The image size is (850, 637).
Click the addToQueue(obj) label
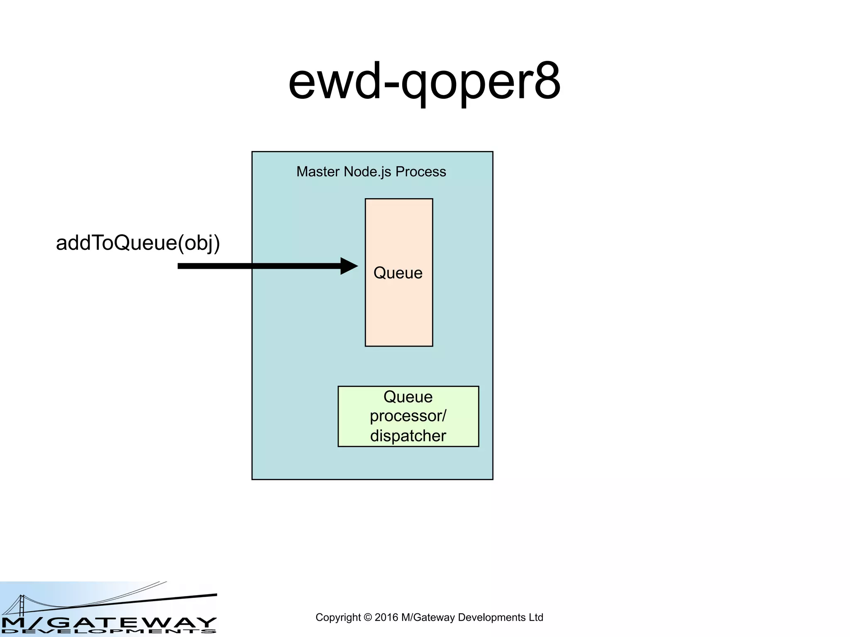138,243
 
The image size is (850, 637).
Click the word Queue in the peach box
398,273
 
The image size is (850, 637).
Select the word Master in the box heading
318,172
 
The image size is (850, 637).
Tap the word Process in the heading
420,172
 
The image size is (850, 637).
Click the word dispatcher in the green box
408,436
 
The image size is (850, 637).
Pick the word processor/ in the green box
408,416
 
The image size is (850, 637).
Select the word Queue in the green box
408,397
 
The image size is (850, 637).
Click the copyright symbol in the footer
367,618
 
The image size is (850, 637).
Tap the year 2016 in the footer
386,618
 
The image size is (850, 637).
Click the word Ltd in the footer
536,618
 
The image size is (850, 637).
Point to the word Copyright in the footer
338,618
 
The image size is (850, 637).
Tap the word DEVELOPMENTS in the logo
109,632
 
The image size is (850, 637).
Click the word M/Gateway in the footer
428,618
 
